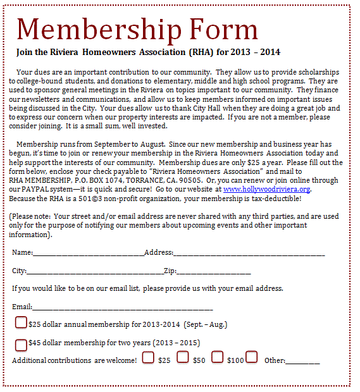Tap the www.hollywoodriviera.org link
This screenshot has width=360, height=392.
(x=266, y=189)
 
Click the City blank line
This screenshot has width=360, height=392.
(x=95, y=273)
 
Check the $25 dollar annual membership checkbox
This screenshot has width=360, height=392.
(x=21, y=323)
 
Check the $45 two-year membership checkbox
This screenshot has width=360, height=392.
(x=21, y=345)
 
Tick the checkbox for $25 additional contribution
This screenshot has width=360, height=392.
(x=149, y=357)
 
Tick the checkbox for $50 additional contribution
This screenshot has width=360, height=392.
(x=183, y=357)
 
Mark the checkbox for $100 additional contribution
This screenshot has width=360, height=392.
(x=218, y=357)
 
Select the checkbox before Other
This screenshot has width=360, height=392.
(x=251, y=357)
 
